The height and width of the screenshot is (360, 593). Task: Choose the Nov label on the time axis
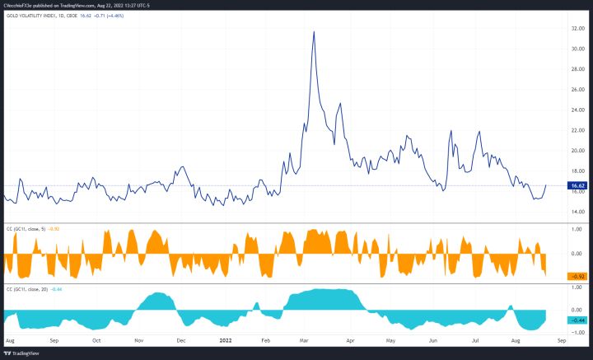[138, 339]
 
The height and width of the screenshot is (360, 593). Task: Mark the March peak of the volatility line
[314, 32]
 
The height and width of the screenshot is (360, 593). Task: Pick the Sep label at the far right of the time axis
[563, 339]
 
